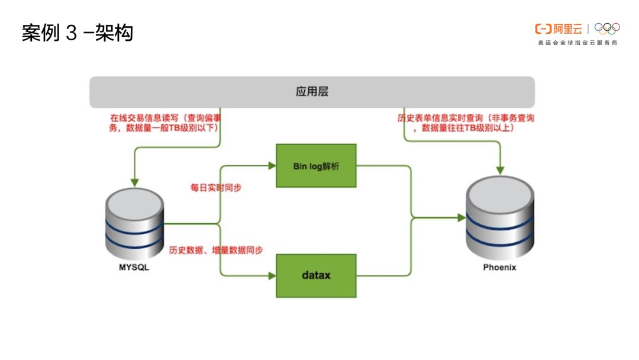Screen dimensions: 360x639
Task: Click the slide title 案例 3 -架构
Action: pos(78,33)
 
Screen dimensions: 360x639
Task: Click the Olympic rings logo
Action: pos(607,28)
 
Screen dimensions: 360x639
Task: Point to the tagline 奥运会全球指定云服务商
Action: pos(577,43)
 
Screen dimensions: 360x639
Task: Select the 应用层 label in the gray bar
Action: pos(312,92)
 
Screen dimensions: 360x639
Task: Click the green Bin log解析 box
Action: pos(317,166)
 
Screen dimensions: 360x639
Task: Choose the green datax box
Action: pos(317,275)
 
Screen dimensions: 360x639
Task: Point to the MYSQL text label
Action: pos(134,268)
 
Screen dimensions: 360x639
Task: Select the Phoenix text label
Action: pos(500,267)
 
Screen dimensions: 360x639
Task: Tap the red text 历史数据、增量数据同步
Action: pos(216,250)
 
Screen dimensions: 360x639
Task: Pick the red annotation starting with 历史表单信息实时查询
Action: pos(466,123)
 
